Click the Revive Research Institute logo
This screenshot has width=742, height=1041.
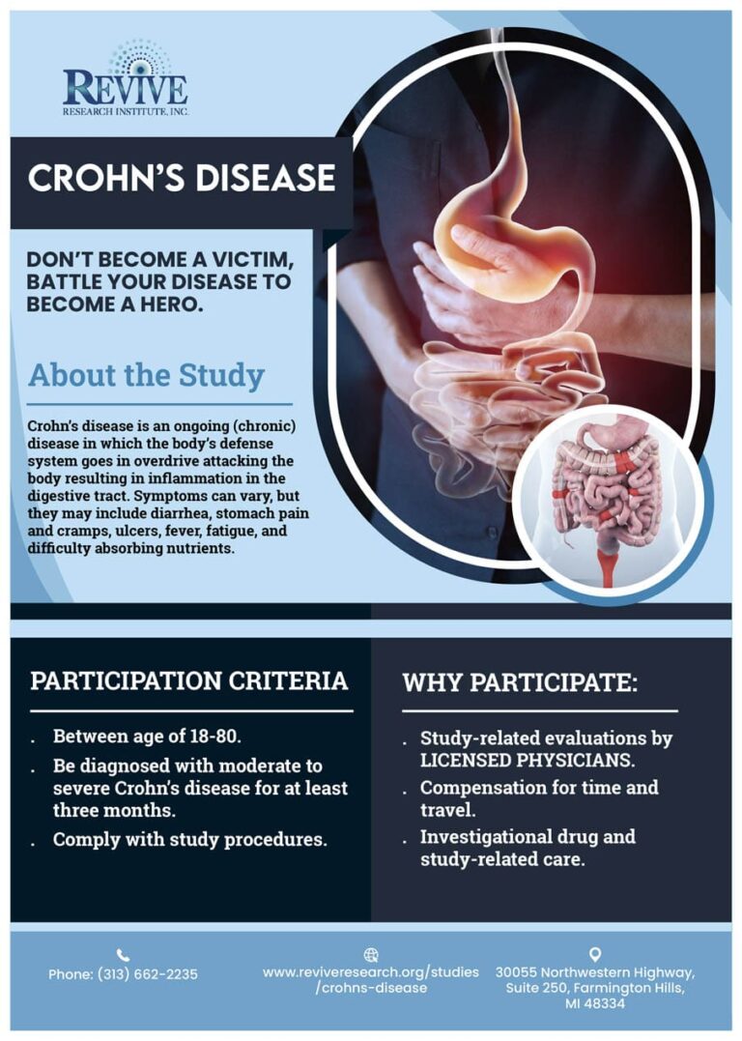(126, 80)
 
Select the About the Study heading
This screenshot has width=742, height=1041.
(146, 376)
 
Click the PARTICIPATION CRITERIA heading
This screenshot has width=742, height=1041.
(188, 680)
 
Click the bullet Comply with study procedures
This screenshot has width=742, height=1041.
(190, 839)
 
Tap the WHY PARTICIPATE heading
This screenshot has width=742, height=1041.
(520, 682)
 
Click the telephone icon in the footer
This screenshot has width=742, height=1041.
(123, 954)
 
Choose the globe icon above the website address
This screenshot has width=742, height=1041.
(370, 954)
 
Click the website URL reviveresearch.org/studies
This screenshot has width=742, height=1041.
(370, 971)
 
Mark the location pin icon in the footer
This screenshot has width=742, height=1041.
(594, 954)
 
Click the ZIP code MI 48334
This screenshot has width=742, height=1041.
(595, 1004)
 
